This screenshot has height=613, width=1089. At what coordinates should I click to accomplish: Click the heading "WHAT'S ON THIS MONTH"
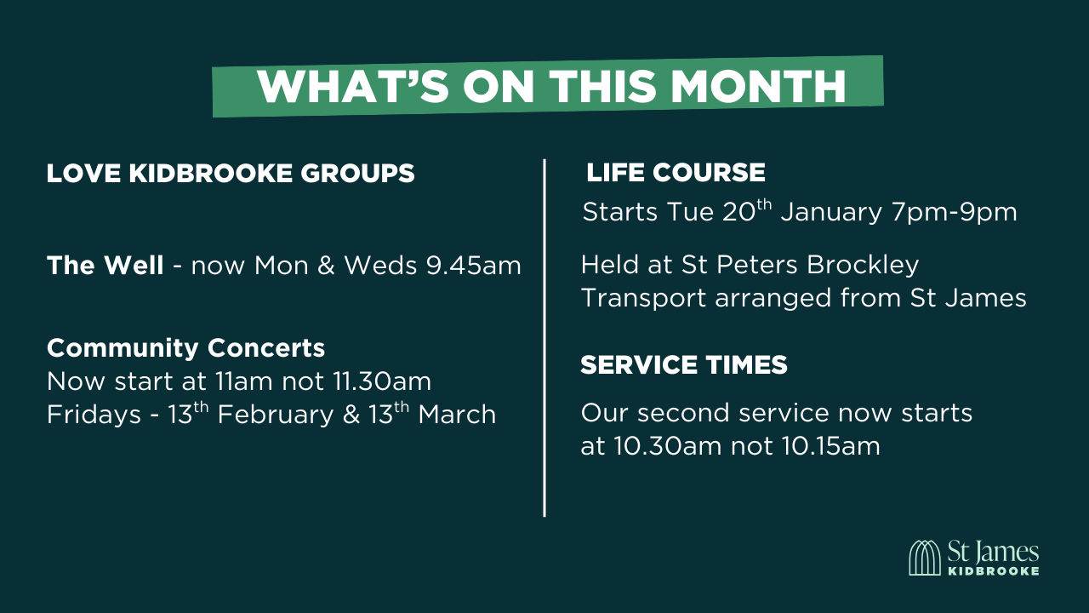pyautogui.click(x=551, y=86)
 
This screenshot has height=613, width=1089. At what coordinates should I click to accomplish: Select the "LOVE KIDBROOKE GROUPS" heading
pyautogui.click(x=231, y=174)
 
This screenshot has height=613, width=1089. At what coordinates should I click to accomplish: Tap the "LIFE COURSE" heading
pyautogui.click(x=676, y=173)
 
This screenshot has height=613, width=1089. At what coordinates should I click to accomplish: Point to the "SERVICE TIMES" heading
pyautogui.click(x=683, y=365)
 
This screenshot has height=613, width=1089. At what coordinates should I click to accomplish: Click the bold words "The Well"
pyautogui.click(x=105, y=266)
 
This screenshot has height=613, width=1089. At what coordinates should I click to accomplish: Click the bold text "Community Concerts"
pyautogui.click(x=185, y=348)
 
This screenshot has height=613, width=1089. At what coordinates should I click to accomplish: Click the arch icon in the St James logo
pyautogui.click(x=925, y=558)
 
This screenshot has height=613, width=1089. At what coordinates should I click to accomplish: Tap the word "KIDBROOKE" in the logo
pyautogui.click(x=993, y=570)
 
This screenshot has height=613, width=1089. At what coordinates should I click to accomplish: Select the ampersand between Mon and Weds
pyautogui.click(x=328, y=266)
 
